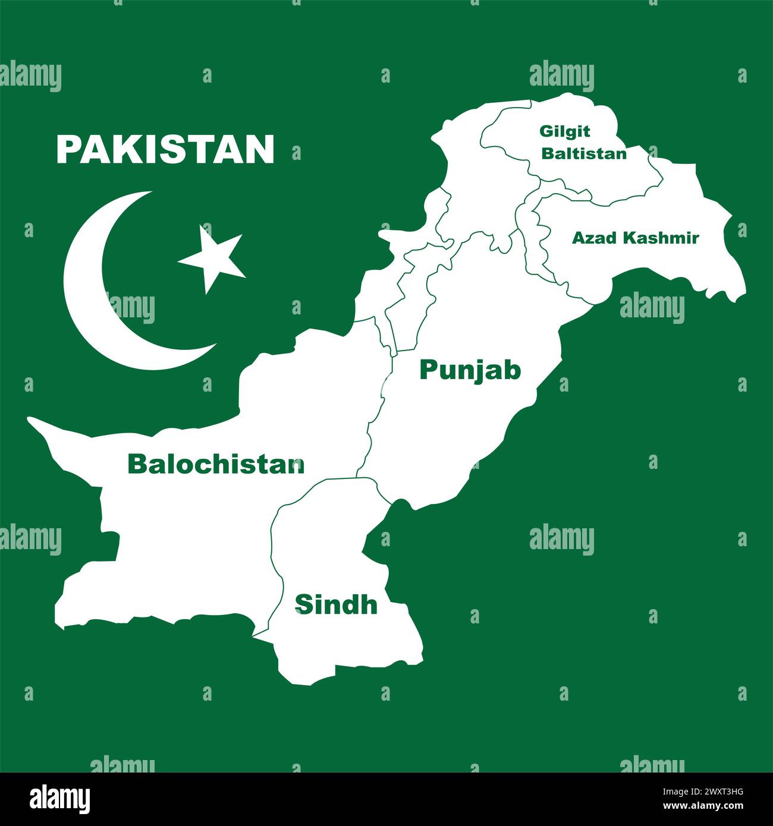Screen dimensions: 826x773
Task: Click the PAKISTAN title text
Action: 165,149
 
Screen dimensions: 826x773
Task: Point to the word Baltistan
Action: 583,153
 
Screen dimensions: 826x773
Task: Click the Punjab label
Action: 470,370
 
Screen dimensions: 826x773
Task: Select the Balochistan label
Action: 216,464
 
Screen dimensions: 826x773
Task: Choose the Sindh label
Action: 336,604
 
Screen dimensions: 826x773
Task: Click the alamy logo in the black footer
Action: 61,798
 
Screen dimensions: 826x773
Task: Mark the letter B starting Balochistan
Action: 136,464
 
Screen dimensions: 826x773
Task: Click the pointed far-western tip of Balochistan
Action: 29,420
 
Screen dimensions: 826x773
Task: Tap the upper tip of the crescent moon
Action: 149,193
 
